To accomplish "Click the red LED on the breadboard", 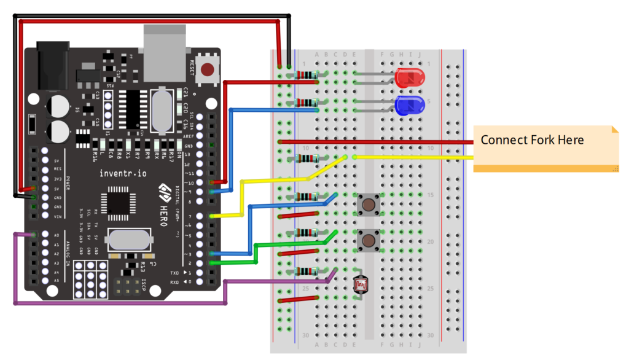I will click(409, 79).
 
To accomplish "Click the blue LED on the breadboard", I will click(409, 105).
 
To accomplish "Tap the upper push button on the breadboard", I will click(369, 203).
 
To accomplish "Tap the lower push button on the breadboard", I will click(369, 240).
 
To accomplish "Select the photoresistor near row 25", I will click(362, 284).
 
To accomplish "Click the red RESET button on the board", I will click(209, 69).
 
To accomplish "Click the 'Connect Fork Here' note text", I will click(532, 140).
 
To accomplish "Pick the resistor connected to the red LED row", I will click(305, 76).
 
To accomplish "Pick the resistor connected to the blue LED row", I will click(305, 103).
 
